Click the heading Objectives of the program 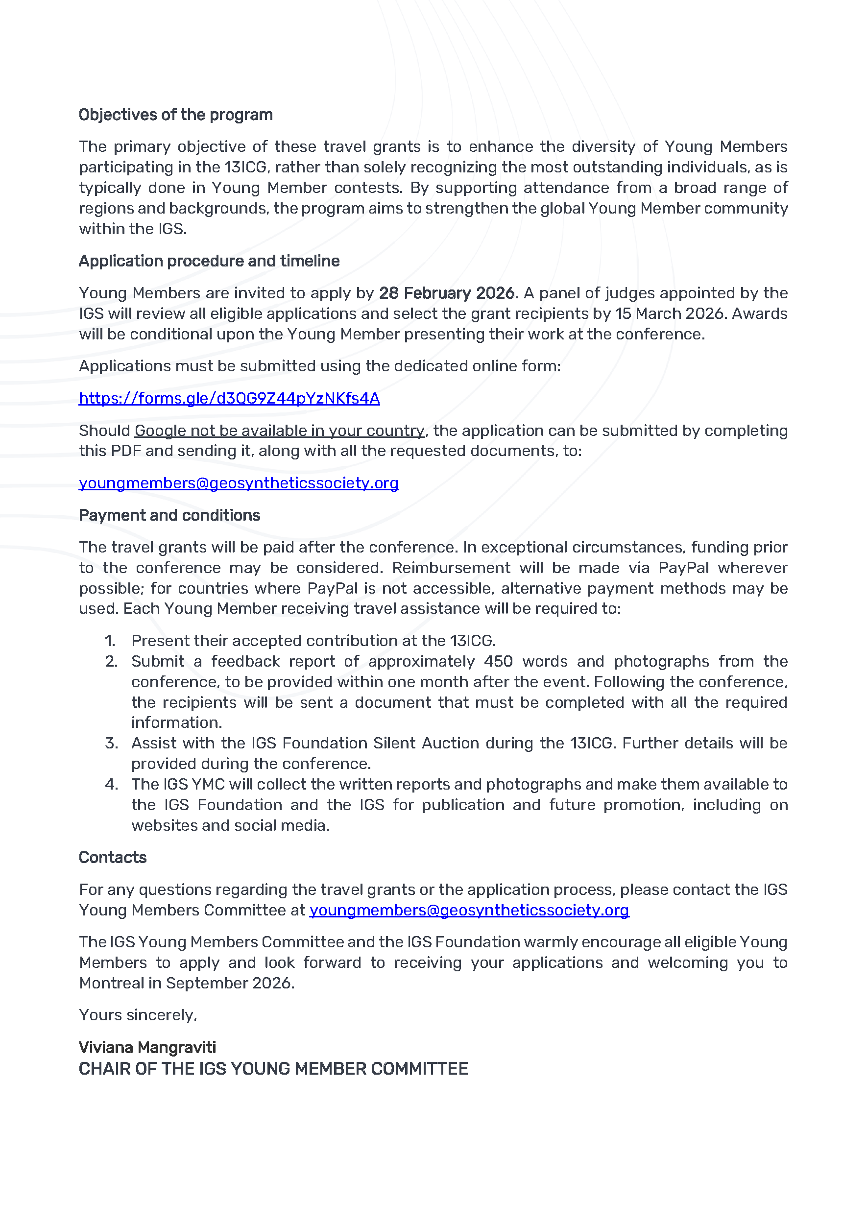[x=176, y=115]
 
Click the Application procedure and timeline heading [x=209, y=261]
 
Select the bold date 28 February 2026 [x=446, y=293]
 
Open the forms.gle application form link [x=229, y=398]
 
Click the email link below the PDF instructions [x=239, y=483]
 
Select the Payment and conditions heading [x=169, y=515]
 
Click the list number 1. [x=110, y=641]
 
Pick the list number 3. [x=111, y=743]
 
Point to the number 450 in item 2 [x=498, y=662]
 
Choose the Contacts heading [x=113, y=858]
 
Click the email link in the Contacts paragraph [x=469, y=910]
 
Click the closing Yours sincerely [x=138, y=1015]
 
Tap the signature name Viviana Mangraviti [x=147, y=1047]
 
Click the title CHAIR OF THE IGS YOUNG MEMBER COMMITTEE [x=273, y=1068]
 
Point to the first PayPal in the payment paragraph [x=683, y=568]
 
